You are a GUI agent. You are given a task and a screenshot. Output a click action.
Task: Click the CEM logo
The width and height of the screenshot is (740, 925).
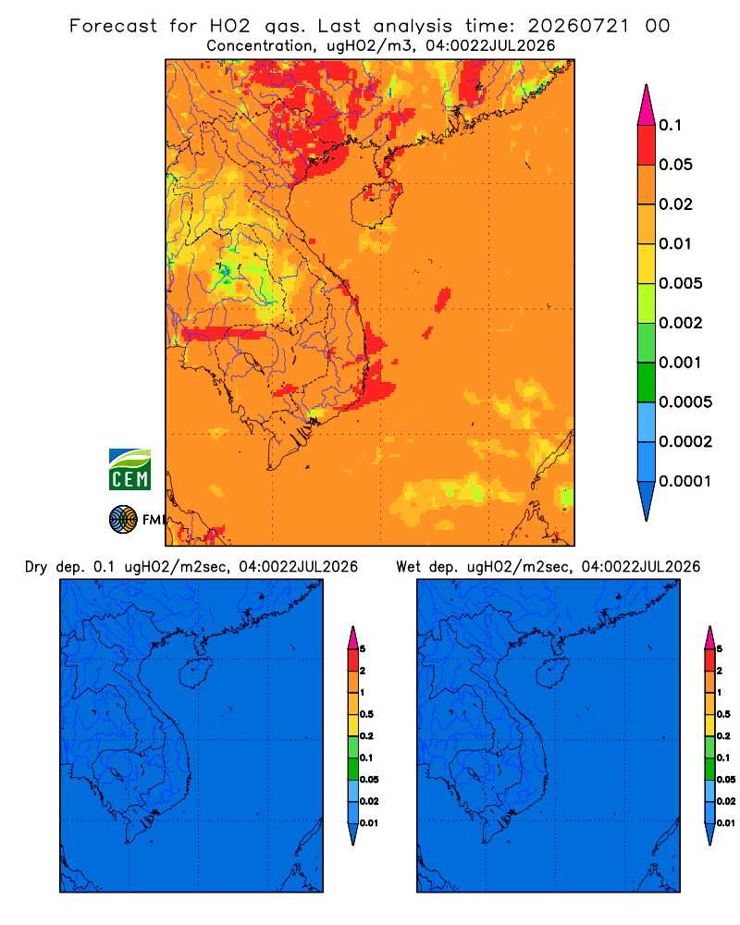129,469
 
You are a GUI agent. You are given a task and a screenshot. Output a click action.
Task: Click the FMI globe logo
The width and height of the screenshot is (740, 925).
123,519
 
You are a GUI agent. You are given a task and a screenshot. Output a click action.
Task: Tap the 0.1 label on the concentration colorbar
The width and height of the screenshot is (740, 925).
670,125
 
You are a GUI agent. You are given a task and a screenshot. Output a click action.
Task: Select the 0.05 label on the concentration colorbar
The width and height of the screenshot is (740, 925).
675,165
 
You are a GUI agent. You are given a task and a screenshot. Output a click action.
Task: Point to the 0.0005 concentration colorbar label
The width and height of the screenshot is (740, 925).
685,401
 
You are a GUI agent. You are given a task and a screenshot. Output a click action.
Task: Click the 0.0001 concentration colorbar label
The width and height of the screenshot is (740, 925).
685,481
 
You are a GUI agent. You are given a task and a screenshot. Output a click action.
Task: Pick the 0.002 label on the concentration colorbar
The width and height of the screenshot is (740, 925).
681,323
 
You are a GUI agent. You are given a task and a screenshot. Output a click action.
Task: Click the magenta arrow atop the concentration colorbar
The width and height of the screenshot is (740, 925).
647,105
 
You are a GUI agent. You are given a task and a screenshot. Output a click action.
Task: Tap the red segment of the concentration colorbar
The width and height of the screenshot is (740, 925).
647,144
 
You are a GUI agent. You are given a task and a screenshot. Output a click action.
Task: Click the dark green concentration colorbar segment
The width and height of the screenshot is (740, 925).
647,382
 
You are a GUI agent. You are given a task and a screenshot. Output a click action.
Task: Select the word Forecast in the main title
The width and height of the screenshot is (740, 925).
113,26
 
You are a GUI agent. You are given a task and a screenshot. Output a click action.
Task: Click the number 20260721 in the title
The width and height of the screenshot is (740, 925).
578,26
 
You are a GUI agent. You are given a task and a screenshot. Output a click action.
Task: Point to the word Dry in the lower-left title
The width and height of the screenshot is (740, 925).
36,567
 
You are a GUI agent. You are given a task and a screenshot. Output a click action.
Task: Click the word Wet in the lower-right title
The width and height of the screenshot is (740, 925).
408,567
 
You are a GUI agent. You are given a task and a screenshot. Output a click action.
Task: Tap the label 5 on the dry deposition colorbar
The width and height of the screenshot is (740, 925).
363,649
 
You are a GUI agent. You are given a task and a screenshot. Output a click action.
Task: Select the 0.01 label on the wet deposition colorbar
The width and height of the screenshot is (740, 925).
726,823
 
